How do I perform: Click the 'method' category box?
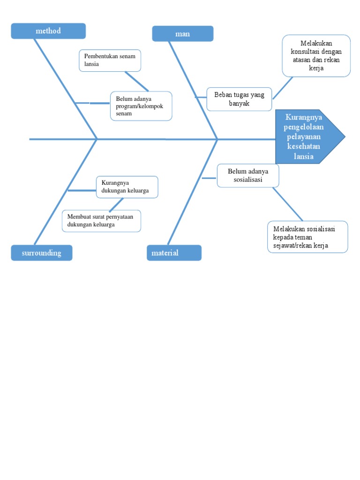pos(48,31)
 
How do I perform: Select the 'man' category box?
pos(183,34)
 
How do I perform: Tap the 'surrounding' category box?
pos(42,253)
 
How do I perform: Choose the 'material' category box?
pos(174,253)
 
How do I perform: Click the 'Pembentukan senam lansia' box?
pos(110,60)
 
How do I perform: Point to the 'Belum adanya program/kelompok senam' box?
pos(141,106)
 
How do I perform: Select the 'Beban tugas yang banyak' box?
pos(239,99)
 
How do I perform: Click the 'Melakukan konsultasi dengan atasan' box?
pos(316,55)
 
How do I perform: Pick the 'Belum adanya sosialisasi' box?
pos(248,175)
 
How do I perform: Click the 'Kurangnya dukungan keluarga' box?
pos(127,187)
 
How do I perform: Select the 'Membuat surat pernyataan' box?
pos(101,221)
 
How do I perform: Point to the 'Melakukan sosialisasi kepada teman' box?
pos(307,237)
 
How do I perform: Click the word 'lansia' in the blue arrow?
pos(304,157)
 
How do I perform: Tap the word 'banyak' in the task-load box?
pos(239,104)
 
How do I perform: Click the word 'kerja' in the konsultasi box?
pos(316,68)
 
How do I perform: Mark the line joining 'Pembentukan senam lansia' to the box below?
pos(137,81)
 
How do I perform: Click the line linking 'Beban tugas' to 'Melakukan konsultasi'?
pos(283,88)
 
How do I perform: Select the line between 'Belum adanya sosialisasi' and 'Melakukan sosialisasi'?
pos(288,204)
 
